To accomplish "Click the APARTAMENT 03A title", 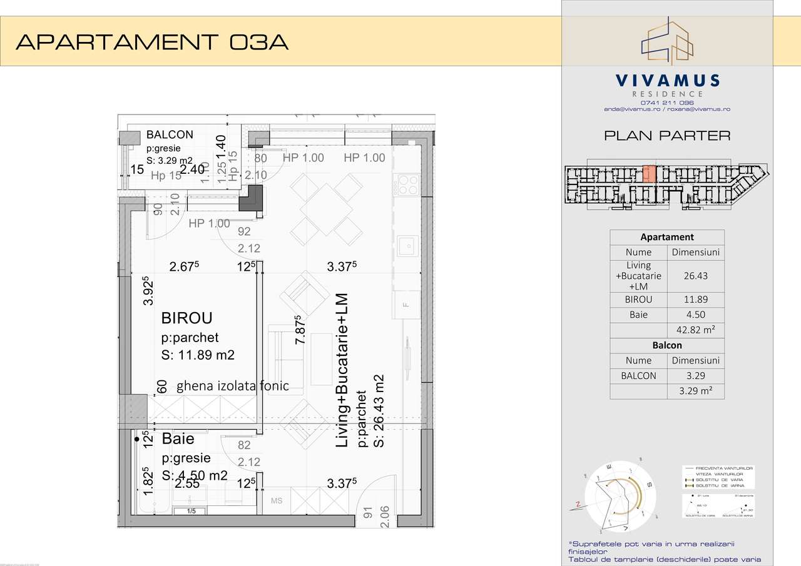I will click(152, 42).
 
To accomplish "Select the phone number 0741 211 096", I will click(667, 103).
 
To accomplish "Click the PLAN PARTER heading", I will click(667, 135).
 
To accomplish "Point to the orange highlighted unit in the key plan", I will click(650, 173).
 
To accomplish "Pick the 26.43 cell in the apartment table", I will click(696, 276).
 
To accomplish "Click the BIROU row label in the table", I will click(638, 300).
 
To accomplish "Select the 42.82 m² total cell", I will click(696, 330).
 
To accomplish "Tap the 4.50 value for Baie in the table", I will click(696, 315).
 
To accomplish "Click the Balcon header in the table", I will click(667, 345).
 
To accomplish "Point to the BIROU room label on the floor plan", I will click(187, 318).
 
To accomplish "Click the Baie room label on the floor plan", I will click(178, 439).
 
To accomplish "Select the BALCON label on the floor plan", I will click(170, 134).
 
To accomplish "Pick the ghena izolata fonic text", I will click(232, 386).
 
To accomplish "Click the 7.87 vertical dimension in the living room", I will click(300, 330).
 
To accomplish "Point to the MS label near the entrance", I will click(277, 501).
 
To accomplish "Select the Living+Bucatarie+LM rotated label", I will click(342, 370).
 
